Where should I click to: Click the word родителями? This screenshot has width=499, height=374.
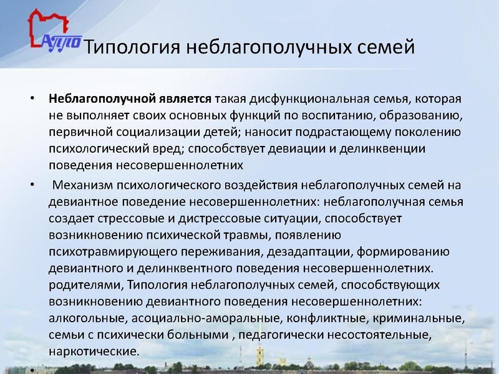(85, 285)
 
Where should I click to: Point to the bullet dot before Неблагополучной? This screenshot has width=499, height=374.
(33, 100)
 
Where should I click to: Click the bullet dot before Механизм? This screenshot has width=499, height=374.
(33, 186)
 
